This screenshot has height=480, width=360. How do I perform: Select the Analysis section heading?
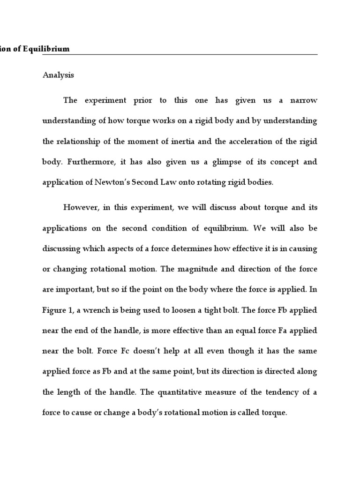pos(58,75)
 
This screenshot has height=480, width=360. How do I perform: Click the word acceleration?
pos(250,142)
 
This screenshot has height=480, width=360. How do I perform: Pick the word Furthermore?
pos(91,162)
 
